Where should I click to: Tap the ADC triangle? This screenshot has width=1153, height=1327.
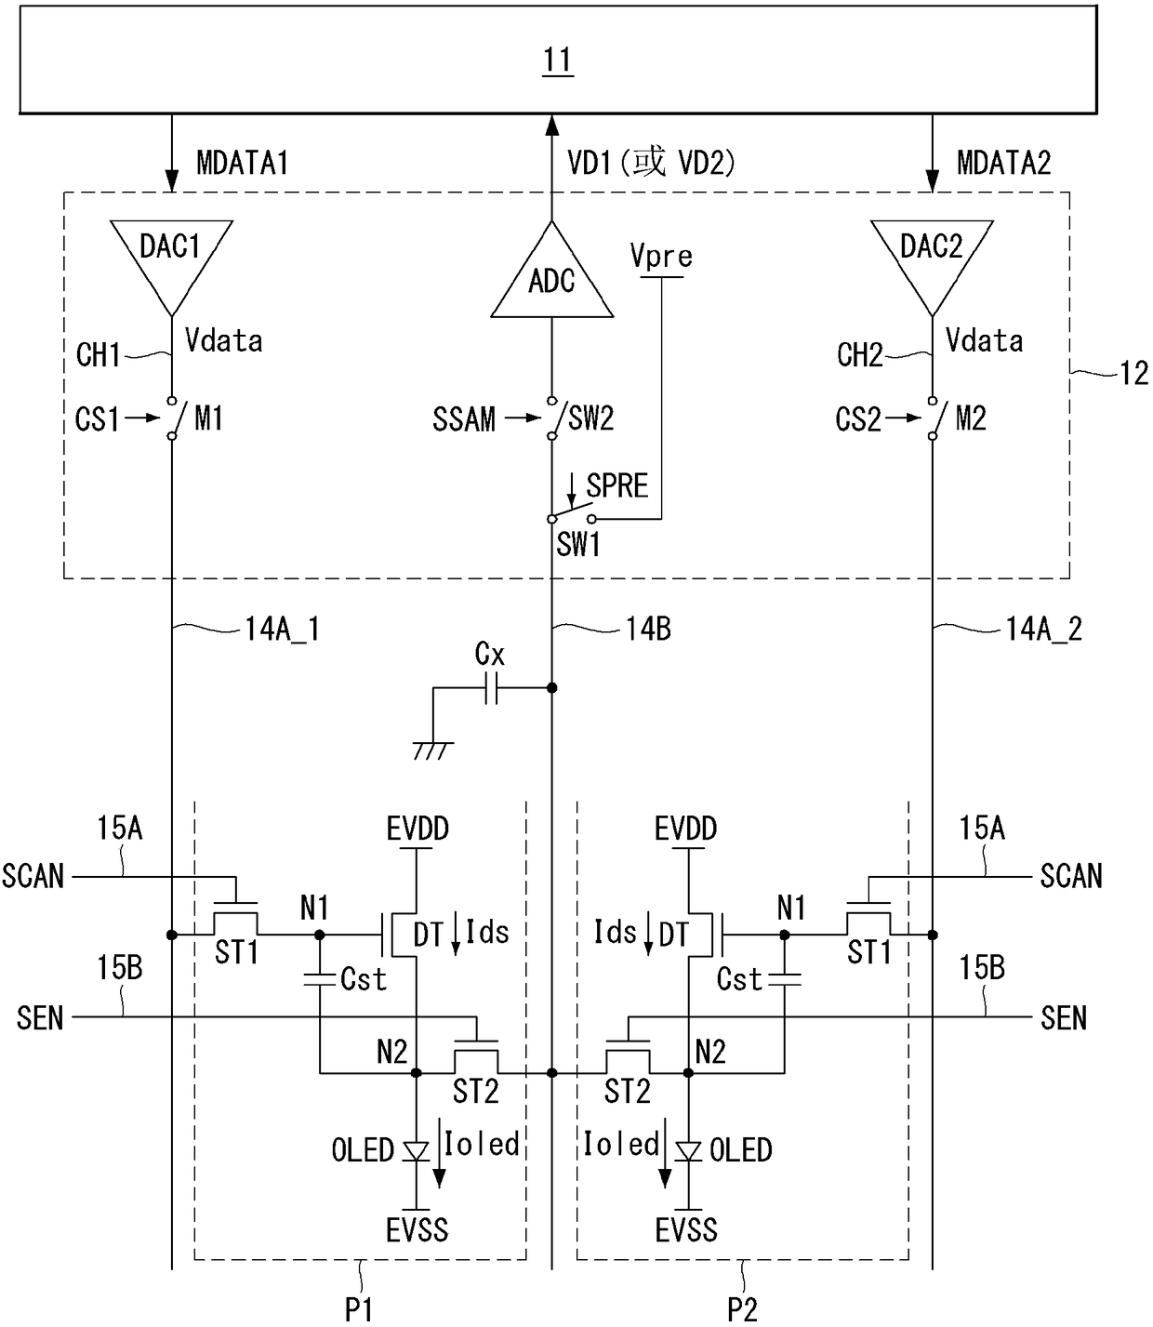[551, 278]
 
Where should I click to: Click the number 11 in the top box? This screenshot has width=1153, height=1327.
[558, 60]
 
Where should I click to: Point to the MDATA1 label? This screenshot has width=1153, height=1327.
[243, 162]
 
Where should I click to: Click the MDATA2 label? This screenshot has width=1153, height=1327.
[1004, 162]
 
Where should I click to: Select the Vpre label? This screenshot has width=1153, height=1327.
[661, 256]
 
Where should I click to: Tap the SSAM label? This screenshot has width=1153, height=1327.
[464, 419]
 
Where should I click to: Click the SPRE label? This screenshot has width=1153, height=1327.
[617, 485]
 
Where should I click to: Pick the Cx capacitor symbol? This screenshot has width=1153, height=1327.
[492, 687]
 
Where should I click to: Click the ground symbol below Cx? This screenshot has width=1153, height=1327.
[433, 750]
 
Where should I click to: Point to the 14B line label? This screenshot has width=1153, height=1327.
[648, 629]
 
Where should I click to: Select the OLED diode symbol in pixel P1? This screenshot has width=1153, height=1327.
[417, 1151]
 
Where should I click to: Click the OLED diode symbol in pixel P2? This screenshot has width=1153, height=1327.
[688, 1151]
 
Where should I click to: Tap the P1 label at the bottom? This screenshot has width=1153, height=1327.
[359, 1309]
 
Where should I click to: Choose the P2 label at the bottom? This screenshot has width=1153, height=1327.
[742, 1309]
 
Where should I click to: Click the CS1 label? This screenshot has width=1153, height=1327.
[98, 419]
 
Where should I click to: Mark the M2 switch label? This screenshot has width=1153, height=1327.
[971, 418]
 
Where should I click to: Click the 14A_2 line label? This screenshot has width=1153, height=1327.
[1043, 630]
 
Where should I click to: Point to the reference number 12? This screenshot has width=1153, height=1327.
[1134, 374]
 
